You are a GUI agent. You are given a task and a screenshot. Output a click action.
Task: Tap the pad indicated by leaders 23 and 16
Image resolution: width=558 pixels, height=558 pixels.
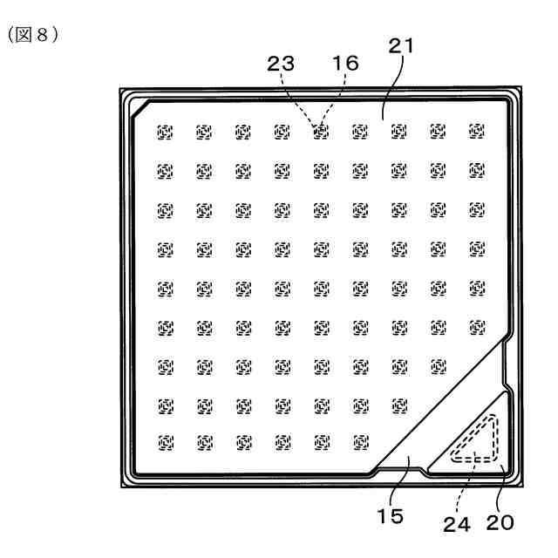click(320, 132)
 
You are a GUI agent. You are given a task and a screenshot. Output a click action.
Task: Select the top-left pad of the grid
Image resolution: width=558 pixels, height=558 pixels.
click(164, 132)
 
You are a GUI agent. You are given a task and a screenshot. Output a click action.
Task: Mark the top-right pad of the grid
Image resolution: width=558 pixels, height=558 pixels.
click(476, 132)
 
